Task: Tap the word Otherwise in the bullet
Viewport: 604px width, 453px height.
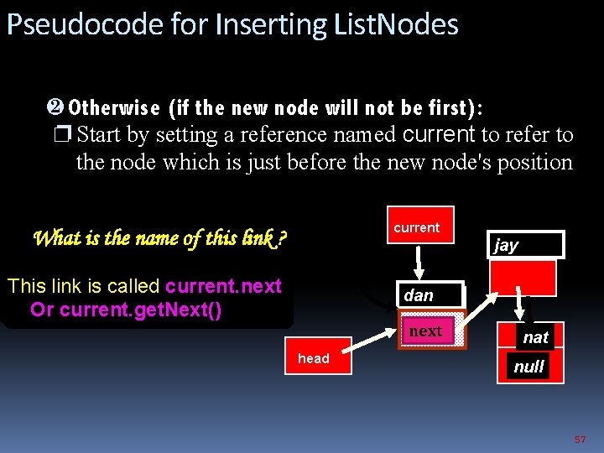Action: coord(114,108)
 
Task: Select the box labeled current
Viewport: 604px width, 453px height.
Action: coord(419,225)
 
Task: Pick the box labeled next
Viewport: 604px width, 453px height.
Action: coord(425,331)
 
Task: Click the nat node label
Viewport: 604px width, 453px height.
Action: coord(535,337)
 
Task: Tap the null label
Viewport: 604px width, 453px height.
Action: coord(529,367)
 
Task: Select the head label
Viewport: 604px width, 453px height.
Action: coord(314,358)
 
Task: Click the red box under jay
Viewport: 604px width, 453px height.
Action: coord(523,277)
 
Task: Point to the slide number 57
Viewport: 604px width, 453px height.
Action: coord(580,440)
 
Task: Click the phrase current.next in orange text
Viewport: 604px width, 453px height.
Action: coord(223,286)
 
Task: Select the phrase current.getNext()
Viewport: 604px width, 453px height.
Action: coord(141,310)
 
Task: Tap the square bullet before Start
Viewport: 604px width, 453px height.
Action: coord(65,135)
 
